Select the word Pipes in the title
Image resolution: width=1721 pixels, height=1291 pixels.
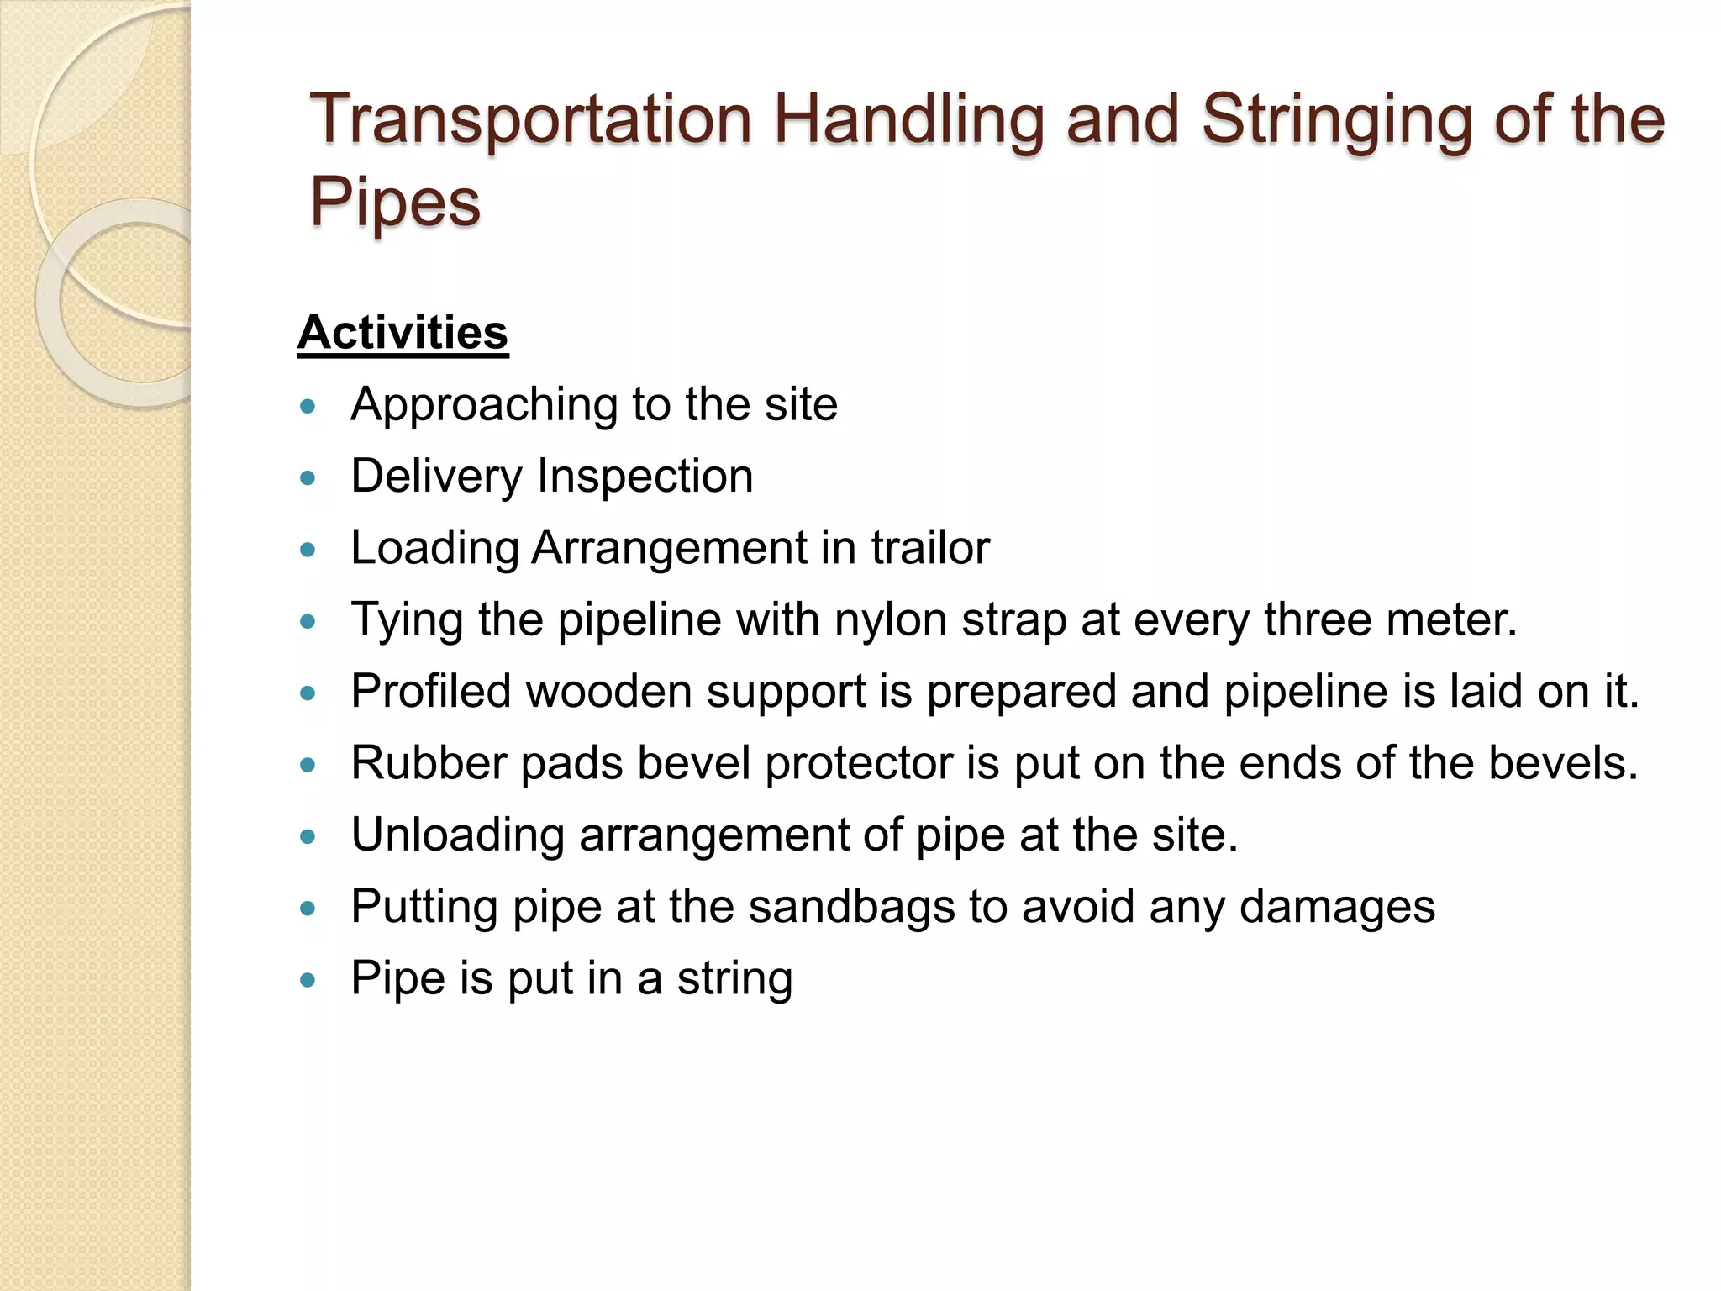click(x=395, y=203)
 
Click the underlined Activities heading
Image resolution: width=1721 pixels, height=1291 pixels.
click(x=403, y=333)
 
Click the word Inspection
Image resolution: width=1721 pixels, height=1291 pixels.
click(x=645, y=477)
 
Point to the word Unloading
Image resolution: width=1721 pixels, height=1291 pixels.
click(x=457, y=836)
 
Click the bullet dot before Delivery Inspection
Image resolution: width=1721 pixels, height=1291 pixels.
click(x=308, y=479)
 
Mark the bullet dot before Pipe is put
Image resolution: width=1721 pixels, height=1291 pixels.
click(x=308, y=980)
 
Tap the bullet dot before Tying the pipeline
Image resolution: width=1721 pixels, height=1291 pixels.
click(x=308, y=622)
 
